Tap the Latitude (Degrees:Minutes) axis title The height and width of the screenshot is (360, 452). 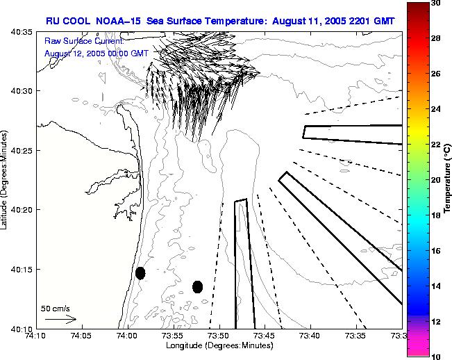pos(6,180)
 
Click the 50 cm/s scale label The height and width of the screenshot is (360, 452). pos(55,308)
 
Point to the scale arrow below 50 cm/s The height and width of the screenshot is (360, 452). pos(60,319)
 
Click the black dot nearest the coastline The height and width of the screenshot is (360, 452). pos(140,273)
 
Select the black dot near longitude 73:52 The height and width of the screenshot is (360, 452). pos(197,286)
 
